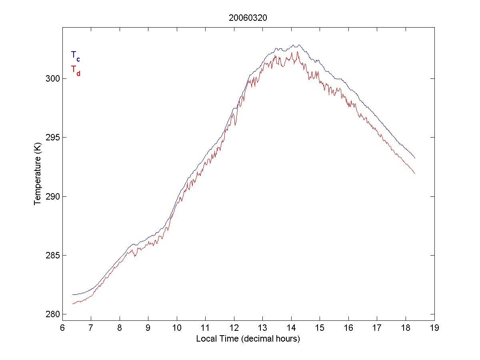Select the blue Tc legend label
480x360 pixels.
[x=75, y=56]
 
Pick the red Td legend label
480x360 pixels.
[x=75, y=70]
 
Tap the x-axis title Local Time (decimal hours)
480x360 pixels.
[x=248, y=339]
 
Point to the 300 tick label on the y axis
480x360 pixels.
[x=52, y=78]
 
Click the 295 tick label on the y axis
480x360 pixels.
[x=52, y=138]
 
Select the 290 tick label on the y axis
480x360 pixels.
[x=52, y=196]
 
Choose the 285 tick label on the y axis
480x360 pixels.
[x=52, y=256]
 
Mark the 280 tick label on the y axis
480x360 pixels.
[x=52, y=314]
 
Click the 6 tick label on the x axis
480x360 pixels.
[x=62, y=328]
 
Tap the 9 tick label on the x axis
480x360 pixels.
[x=148, y=328]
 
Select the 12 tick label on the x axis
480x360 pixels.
[x=234, y=328]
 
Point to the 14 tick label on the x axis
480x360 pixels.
[x=291, y=328]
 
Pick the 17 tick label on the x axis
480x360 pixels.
[x=377, y=328]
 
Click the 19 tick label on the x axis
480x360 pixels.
[x=434, y=328]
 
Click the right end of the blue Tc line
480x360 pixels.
[x=415, y=158]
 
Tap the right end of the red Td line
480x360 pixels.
[x=415, y=173]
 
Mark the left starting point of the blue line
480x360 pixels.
[x=72, y=294]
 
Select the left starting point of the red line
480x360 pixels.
[x=72, y=304]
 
